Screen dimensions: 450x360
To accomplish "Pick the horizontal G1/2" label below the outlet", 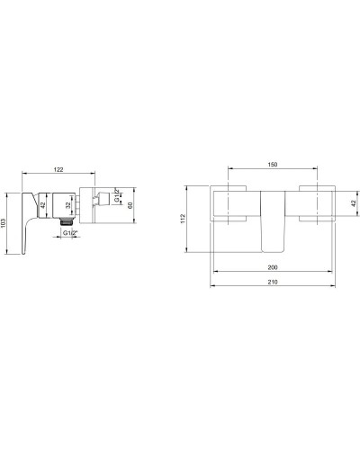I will [70, 234].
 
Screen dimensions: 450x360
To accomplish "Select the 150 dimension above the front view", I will [272, 165].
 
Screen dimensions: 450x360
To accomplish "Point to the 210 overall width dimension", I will [272, 283].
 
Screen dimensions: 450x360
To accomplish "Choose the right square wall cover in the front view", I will [315, 204].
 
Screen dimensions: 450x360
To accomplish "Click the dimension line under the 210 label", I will [272, 288].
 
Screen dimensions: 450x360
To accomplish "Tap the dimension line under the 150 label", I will [272, 170].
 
